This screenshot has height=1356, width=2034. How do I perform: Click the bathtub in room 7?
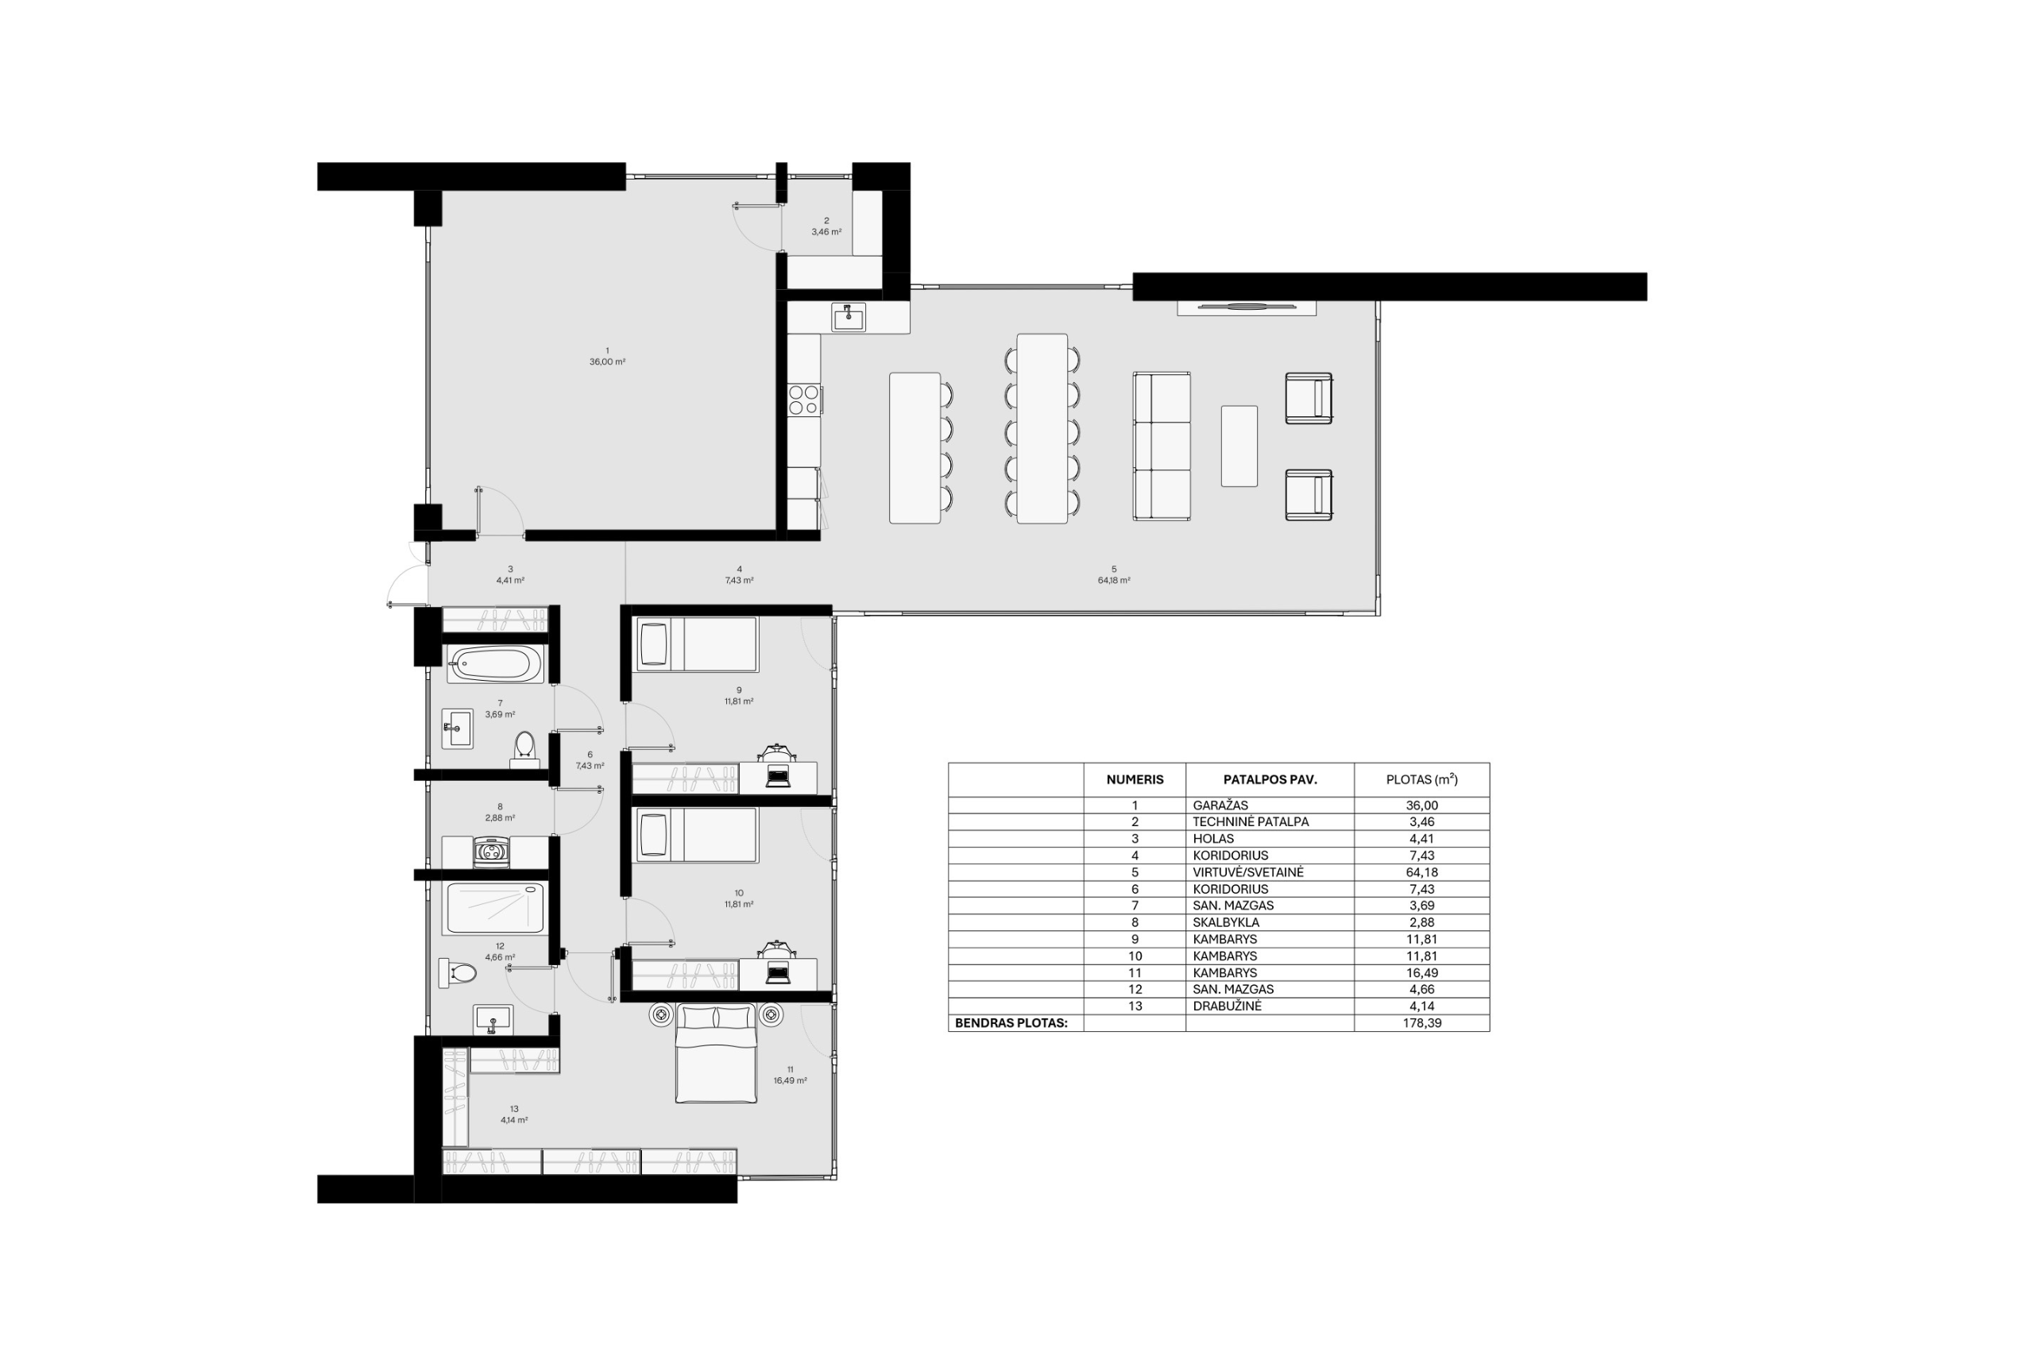click(x=495, y=664)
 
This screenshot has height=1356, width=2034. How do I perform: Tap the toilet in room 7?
click(x=524, y=749)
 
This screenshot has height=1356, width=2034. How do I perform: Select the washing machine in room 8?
click(x=492, y=851)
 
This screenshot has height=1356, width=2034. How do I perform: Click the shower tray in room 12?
click(x=496, y=907)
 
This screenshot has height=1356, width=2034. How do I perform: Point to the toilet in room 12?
click(x=458, y=973)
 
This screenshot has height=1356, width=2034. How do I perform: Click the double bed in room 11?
click(x=715, y=1053)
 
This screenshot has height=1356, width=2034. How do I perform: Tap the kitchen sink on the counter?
click(x=849, y=316)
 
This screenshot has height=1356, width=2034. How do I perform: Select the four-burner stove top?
click(x=804, y=400)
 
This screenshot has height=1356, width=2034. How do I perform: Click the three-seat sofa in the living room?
click(x=1162, y=446)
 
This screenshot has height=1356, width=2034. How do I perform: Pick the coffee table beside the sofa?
click(x=1239, y=446)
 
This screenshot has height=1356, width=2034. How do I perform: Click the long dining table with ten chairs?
click(x=1042, y=428)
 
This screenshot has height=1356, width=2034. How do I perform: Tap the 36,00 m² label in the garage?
click(x=607, y=362)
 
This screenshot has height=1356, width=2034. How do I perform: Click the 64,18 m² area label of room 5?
click(x=1114, y=580)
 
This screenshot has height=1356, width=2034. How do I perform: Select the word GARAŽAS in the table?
click(x=1220, y=805)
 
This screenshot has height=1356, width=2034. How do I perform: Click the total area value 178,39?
click(x=1421, y=1023)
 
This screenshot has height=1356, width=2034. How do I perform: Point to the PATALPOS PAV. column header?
click(x=1270, y=779)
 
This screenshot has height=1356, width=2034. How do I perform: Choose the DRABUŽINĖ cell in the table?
click(x=1227, y=1006)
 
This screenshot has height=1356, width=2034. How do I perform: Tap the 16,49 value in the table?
click(x=1421, y=973)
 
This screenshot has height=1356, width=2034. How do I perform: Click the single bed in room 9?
click(x=697, y=644)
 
